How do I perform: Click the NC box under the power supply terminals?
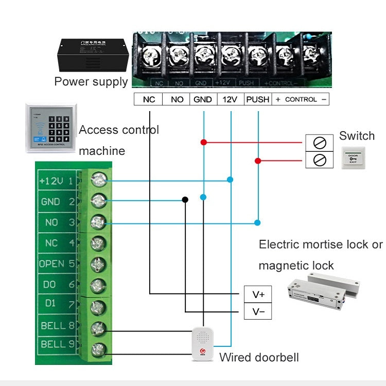pos(148,99)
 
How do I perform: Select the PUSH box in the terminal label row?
pos(257,99)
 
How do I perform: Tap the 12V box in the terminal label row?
pos(230,99)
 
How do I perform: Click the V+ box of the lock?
pos(258,294)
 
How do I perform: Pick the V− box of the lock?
pos(258,312)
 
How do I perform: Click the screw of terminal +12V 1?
pos(98,181)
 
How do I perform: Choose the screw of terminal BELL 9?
pos(98,349)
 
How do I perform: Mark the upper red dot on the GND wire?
pos(203,142)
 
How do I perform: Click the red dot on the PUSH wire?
pos(258,161)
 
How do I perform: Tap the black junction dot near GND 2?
pos(185,200)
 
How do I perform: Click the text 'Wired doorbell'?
pos(259,357)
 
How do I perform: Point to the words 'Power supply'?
pos(91,81)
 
